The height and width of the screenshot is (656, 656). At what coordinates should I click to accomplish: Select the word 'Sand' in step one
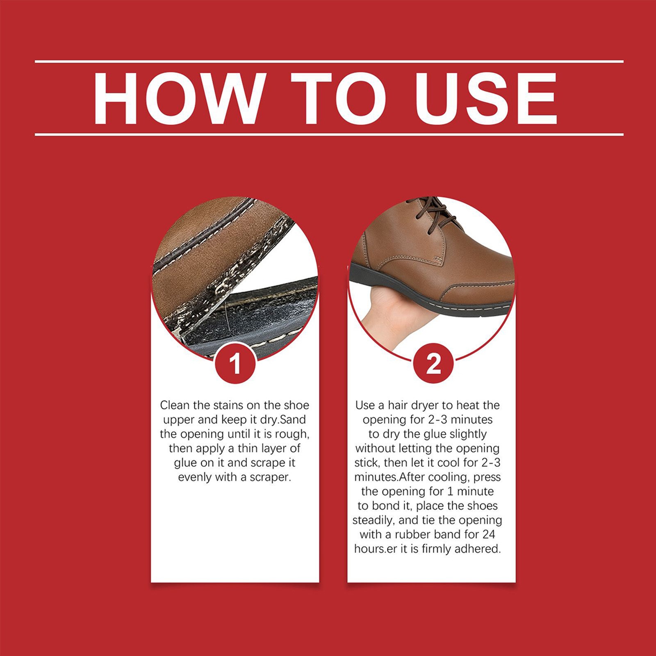pyautogui.click(x=292, y=420)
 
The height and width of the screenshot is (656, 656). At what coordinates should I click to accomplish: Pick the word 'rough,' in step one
pyautogui.click(x=290, y=435)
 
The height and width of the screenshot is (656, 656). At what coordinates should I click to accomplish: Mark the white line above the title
pyautogui.click(x=329, y=62)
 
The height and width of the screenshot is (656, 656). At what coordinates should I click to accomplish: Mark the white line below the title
pyautogui.click(x=329, y=134)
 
